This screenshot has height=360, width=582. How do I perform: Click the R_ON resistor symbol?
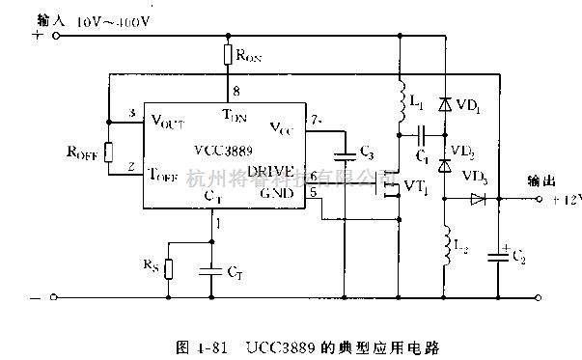pyautogui.click(x=227, y=54)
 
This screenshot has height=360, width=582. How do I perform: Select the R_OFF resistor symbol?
pyautogui.click(x=109, y=151)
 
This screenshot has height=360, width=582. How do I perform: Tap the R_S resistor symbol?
pyautogui.click(x=168, y=267)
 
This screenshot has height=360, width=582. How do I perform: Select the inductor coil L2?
pyautogui.click(x=445, y=245)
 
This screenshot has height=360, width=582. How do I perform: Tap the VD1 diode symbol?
pyautogui.click(x=445, y=103)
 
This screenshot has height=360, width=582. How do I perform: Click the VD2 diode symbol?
pyautogui.click(x=445, y=164)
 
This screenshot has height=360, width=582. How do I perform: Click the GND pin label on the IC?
pyautogui.click(x=276, y=191)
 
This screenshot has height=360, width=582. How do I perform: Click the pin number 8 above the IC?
pyautogui.click(x=234, y=93)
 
